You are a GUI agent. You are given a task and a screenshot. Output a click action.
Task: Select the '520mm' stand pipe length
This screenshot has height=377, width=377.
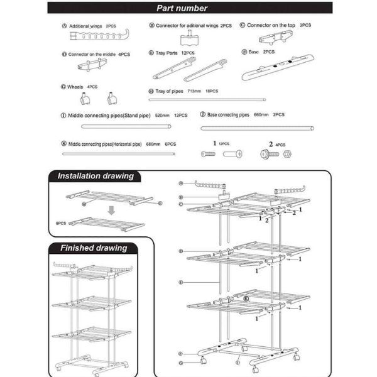pos(162,116)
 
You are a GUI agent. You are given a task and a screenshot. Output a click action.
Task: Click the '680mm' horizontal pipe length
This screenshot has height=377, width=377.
pos(153,143)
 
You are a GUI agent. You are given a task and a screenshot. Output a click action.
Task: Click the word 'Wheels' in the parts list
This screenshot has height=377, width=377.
pos(75,87)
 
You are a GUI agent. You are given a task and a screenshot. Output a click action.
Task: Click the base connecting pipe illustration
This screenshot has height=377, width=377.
pos(257,128)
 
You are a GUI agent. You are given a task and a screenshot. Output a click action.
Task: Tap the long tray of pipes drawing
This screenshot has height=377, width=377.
pos(207,99)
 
